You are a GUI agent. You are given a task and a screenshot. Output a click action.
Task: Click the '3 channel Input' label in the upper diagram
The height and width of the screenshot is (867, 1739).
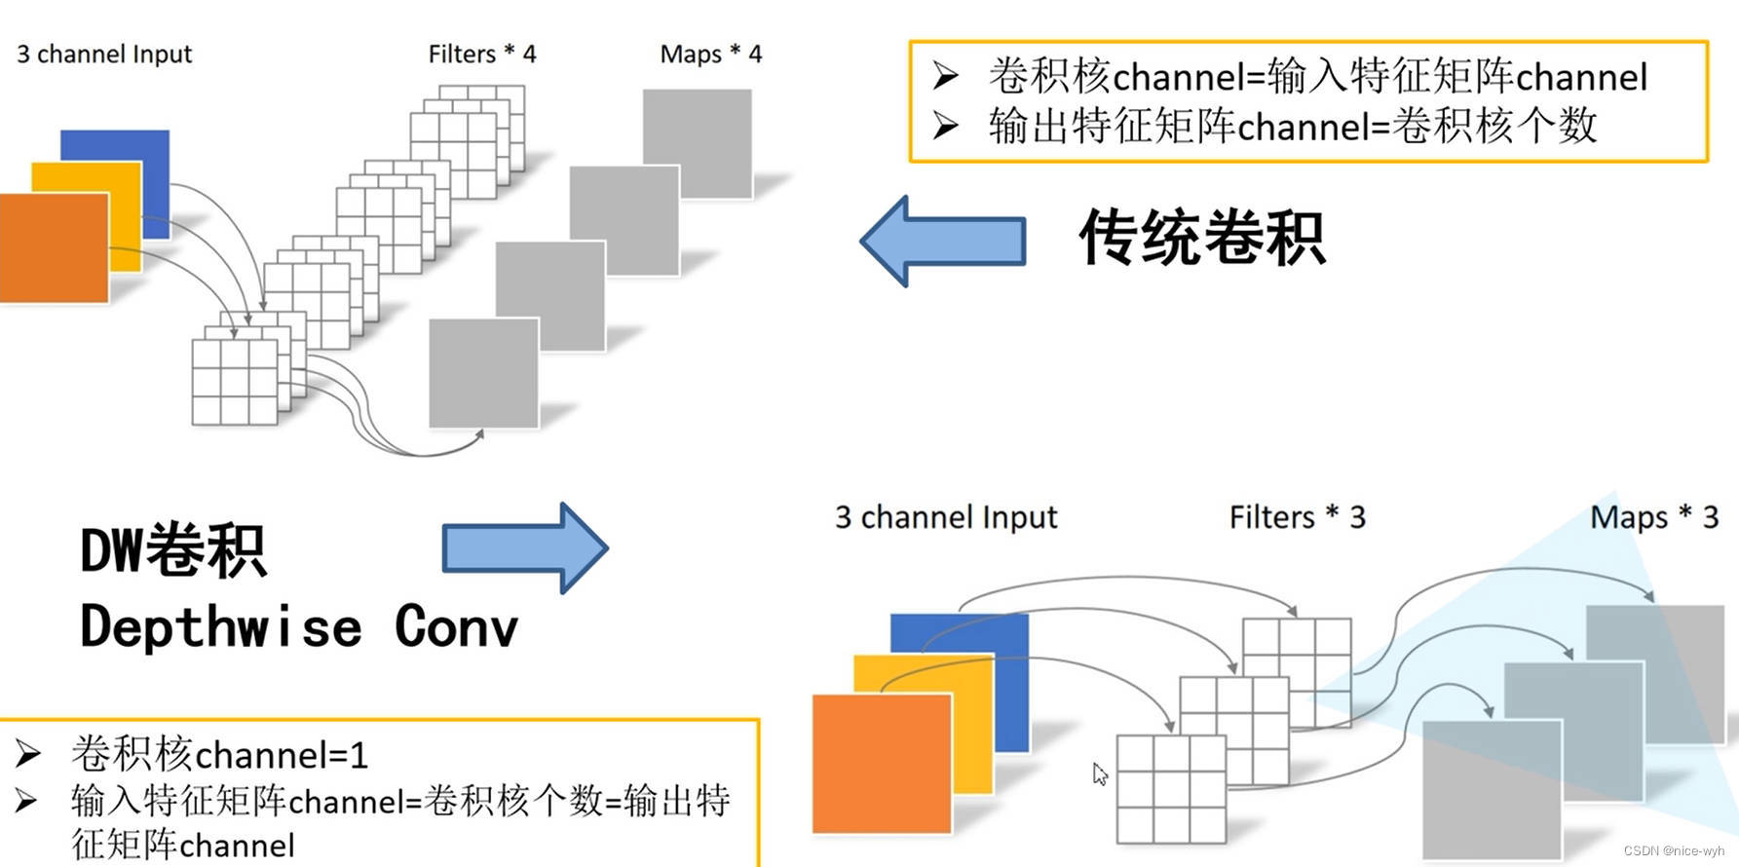(104, 55)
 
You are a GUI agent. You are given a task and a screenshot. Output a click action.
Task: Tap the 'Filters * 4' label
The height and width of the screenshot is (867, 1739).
(481, 55)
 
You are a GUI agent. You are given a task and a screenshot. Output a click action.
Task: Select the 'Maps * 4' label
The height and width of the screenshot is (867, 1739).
(710, 55)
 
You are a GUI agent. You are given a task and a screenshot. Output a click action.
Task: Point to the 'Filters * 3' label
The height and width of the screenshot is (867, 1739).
(1297, 517)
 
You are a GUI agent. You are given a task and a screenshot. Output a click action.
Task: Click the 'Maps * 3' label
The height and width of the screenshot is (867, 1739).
(1653, 517)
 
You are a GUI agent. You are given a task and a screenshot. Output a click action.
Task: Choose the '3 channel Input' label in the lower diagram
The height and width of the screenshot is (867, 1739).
(945, 517)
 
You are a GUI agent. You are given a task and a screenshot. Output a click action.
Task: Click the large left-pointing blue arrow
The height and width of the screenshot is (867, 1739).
(942, 241)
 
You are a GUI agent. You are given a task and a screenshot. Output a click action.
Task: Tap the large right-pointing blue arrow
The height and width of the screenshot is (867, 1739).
(525, 547)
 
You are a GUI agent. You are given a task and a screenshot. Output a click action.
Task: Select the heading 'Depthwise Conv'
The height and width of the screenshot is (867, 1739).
(298, 626)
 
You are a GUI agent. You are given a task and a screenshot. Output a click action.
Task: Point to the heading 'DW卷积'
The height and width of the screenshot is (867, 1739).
(172, 551)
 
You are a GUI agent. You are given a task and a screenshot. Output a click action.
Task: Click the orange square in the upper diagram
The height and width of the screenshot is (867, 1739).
(54, 248)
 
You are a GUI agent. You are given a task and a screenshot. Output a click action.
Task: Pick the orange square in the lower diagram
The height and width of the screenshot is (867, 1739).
(881, 763)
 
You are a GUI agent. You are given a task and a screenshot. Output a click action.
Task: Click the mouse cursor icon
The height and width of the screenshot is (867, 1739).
(1100, 774)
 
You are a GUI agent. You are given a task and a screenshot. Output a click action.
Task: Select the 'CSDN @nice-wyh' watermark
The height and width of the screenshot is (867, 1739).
(1673, 850)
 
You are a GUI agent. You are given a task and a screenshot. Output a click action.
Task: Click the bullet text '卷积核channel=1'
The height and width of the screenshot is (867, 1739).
(219, 755)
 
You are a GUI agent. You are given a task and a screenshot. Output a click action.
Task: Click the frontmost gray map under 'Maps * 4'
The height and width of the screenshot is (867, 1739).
(483, 372)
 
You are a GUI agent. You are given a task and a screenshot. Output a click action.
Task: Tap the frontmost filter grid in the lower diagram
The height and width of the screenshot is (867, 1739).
(1170, 789)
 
